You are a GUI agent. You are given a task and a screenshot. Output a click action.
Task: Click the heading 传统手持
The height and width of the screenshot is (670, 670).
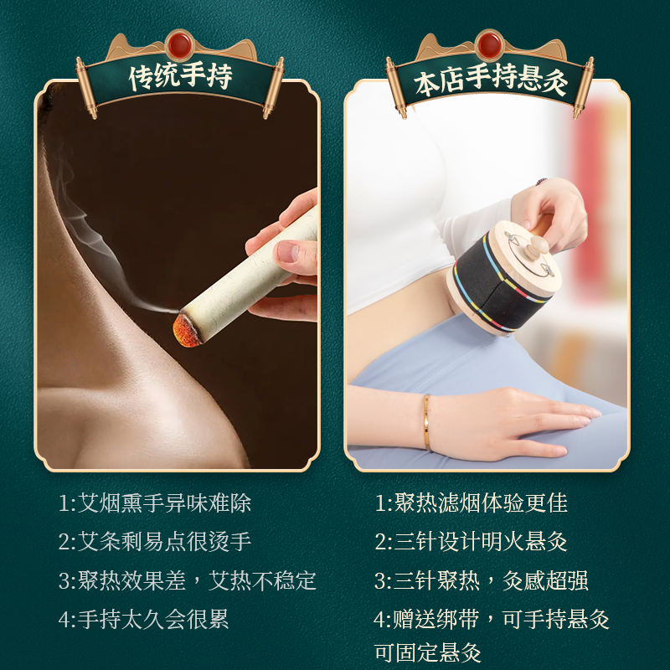click(x=180, y=79)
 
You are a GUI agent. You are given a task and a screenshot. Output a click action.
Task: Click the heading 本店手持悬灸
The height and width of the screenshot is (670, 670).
click(x=491, y=81)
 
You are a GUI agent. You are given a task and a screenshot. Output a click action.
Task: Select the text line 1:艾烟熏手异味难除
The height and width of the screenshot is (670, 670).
click(x=155, y=503)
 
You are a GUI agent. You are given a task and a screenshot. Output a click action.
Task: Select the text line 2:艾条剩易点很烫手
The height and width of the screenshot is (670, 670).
click(x=155, y=542)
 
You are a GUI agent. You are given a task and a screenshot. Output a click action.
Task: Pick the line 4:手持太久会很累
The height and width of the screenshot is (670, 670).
click(x=143, y=619)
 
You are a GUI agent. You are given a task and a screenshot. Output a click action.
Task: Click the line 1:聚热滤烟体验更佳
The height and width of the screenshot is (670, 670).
click(x=471, y=503)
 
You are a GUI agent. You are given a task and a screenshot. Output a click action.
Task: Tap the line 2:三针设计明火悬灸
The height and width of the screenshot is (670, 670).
click(x=471, y=542)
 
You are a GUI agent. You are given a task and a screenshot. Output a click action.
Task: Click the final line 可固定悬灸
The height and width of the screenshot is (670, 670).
click(x=427, y=652)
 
